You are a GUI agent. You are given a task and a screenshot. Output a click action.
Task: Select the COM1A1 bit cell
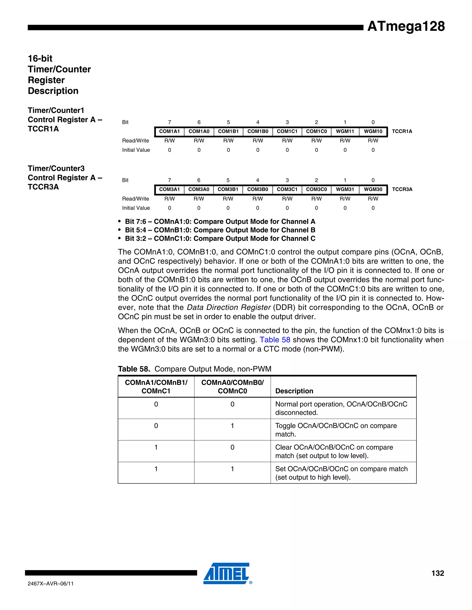(x=169, y=131)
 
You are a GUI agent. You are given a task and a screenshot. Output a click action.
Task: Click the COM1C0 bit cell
(x=316, y=131)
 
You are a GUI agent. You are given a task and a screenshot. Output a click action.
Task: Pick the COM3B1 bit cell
(x=228, y=189)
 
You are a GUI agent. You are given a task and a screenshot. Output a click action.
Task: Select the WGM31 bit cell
(x=345, y=189)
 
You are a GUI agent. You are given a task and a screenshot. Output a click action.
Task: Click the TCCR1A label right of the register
(x=402, y=131)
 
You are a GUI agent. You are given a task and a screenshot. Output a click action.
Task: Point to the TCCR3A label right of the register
(x=402, y=189)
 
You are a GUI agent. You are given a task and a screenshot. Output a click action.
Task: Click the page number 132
(x=438, y=573)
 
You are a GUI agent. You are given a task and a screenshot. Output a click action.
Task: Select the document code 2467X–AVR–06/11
(x=51, y=584)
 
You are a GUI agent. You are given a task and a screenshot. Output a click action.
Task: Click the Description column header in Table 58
(x=294, y=391)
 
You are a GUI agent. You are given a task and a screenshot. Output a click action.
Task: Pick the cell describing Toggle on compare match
(x=336, y=430)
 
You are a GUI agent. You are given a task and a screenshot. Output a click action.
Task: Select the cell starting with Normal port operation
(x=341, y=408)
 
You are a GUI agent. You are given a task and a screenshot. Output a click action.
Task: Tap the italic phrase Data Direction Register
(x=228, y=308)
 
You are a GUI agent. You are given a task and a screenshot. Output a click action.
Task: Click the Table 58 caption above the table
(x=195, y=369)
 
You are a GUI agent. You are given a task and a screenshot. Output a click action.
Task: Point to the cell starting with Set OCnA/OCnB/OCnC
(x=341, y=473)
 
